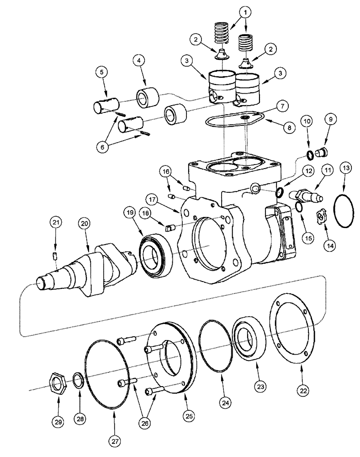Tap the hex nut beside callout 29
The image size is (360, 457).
[x=58, y=381]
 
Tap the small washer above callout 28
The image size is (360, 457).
[x=79, y=380]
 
